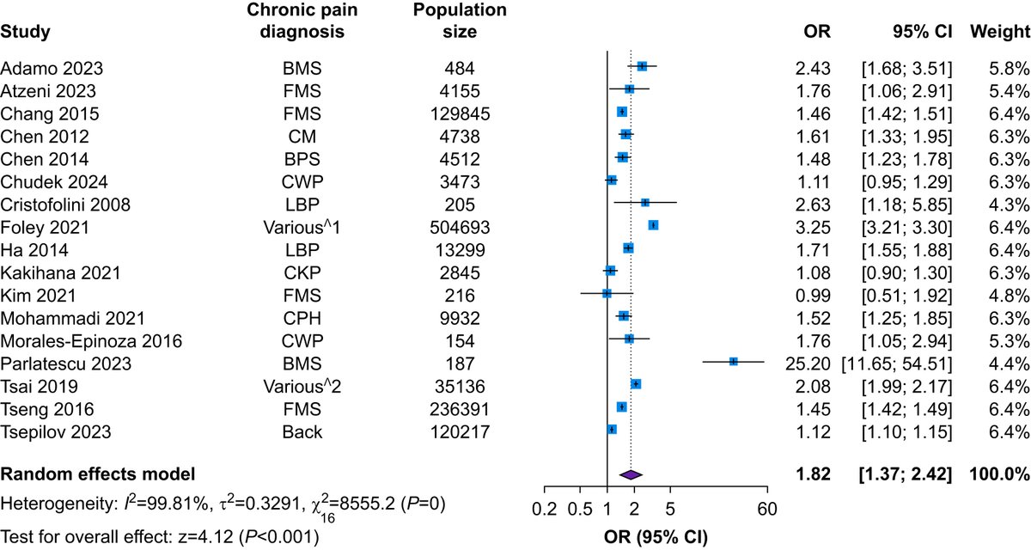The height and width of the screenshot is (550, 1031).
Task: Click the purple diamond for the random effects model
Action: click(x=631, y=474)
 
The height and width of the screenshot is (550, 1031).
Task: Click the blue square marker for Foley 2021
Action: click(x=653, y=225)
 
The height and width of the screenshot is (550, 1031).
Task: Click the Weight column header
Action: click(x=999, y=32)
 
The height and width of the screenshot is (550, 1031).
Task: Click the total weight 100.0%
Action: click(x=999, y=474)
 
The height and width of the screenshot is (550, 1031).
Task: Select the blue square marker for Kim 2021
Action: click(x=607, y=293)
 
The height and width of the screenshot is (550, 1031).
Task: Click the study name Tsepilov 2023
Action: click(x=48, y=428)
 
